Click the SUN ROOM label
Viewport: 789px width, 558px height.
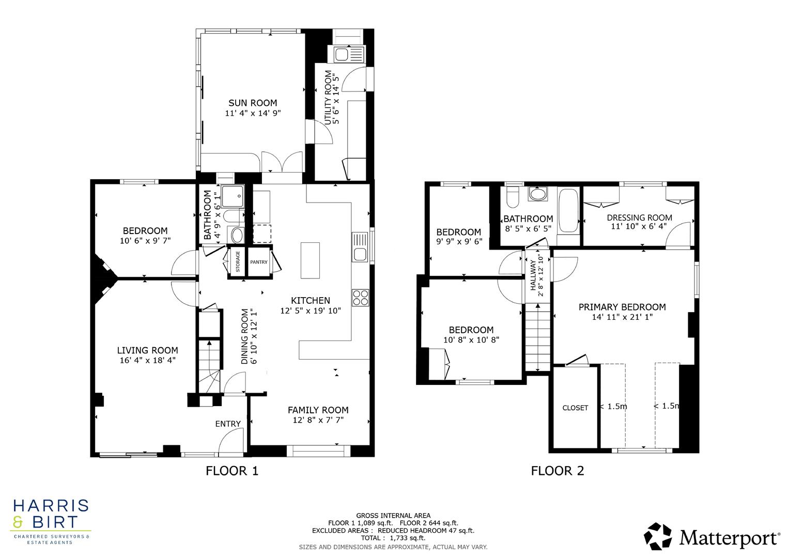point(253,103)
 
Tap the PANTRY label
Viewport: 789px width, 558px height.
point(259,262)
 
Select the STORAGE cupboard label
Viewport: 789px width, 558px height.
point(238,262)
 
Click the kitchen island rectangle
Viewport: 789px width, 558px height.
point(310,254)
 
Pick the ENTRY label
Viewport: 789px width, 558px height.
point(228,424)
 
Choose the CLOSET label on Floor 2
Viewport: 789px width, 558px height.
point(575,408)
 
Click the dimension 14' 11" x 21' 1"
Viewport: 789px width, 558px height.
point(622,317)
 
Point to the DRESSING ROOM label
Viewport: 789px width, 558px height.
point(639,218)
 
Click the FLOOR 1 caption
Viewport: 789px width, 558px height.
point(231,471)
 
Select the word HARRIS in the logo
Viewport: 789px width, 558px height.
point(51,505)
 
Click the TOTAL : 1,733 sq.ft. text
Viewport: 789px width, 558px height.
point(393,538)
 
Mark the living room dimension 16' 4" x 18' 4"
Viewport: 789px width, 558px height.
point(147,360)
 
